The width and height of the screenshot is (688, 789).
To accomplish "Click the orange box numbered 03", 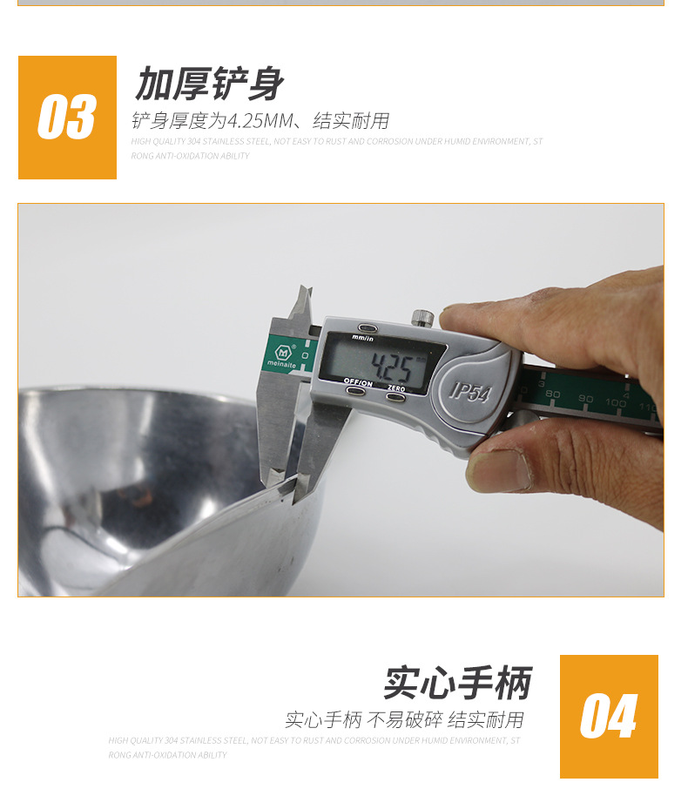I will click(67, 118).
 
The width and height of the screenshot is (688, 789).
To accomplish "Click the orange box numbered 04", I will click(609, 716).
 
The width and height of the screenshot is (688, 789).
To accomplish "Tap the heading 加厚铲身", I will click(209, 84).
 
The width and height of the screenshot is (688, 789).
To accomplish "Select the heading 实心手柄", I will click(457, 683).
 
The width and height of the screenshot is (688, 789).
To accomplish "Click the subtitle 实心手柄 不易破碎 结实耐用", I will click(404, 720).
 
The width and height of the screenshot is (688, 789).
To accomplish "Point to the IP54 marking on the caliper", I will click(470, 391).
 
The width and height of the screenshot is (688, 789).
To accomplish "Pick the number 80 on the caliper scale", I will click(553, 394).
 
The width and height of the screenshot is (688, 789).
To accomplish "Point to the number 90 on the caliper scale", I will click(584, 399).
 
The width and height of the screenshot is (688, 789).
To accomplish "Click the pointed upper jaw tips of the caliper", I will click(301, 300).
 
